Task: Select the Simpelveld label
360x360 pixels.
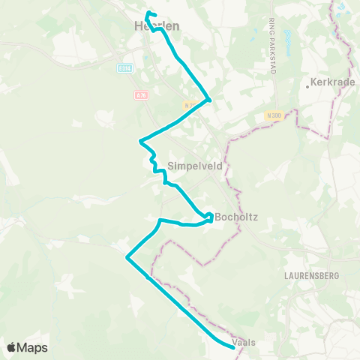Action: pos(195,166)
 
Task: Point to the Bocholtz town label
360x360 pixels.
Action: pos(237,217)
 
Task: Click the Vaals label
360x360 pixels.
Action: pos(244,342)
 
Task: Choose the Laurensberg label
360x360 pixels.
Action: pos(312,274)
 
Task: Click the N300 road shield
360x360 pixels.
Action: pos(273,116)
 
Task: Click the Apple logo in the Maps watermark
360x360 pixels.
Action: pos(12,347)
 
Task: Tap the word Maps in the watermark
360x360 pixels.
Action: pos(33,347)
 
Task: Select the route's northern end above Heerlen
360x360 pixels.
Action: pos(147,13)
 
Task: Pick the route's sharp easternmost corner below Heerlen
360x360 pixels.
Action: pos(210,99)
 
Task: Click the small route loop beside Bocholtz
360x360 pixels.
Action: pos(209,218)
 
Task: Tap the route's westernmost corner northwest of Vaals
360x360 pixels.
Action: pos(127,257)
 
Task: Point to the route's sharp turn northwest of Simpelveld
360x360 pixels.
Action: pos(141,140)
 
